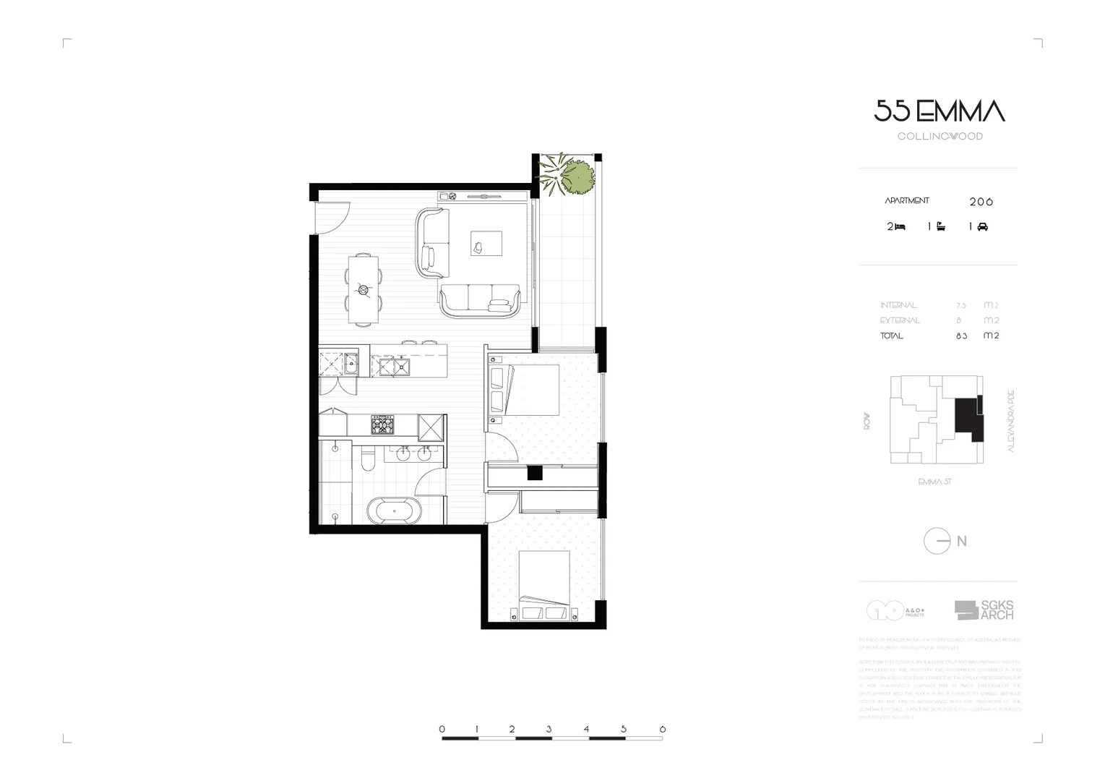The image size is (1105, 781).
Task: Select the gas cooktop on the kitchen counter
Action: [x=382, y=424]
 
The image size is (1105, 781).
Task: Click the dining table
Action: [x=363, y=289]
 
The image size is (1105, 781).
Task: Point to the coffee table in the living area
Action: [x=486, y=243]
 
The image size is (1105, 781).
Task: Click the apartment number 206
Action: [x=981, y=202]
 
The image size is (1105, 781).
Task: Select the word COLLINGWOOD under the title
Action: [x=940, y=136]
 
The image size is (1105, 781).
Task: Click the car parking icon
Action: [x=982, y=227]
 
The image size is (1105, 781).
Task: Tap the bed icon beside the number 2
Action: [x=900, y=227]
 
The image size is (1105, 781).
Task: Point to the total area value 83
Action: [x=960, y=336]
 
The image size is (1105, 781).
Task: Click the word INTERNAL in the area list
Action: [x=898, y=305]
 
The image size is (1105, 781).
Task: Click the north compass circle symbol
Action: [x=937, y=541]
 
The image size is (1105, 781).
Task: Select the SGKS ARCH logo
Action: [x=984, y=610]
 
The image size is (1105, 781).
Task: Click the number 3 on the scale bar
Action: [x=549, y=729]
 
